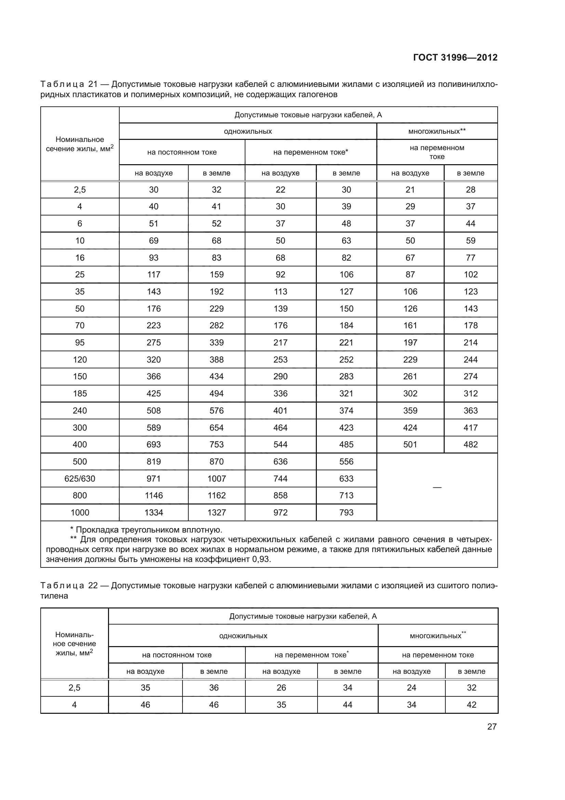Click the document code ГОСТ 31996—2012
point(455,57)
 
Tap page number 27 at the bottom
point(492,726)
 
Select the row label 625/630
point(80,478)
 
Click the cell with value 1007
point(216,478)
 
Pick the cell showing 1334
point(153,513)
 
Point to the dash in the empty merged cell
point(437,487)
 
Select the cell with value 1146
point(153,496)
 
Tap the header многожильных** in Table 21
point(437,131)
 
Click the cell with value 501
point(410,445)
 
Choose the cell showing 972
point(280,513)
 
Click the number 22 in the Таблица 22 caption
point(93,585)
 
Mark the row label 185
point(80,393)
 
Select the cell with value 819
point(153,461)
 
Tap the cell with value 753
point(216,445)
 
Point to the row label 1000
point(80,513)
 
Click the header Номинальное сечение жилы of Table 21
point(80,144)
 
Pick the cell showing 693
point(153,445)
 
